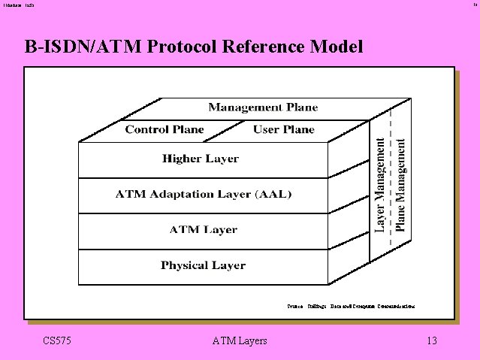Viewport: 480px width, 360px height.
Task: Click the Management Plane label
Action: coord(263,107)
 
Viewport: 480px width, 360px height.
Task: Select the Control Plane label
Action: coord(165,129)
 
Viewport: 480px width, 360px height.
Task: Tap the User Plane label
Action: coord(283,129)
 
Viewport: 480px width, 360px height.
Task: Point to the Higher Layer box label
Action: coord(201,159)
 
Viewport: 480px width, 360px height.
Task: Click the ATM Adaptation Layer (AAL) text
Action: coord(203,194)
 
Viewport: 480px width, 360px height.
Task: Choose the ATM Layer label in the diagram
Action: coord(204,230)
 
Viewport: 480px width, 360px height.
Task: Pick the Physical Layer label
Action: coord(203,265)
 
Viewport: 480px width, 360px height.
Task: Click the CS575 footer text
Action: coord(57,341)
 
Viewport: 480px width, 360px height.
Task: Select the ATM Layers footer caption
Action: coord(240,341)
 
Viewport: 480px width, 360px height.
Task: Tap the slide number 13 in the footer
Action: coord(431,341)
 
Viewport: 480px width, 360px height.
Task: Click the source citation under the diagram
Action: coord(351,306)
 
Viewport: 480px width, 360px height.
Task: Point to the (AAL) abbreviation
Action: coord(273,194)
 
